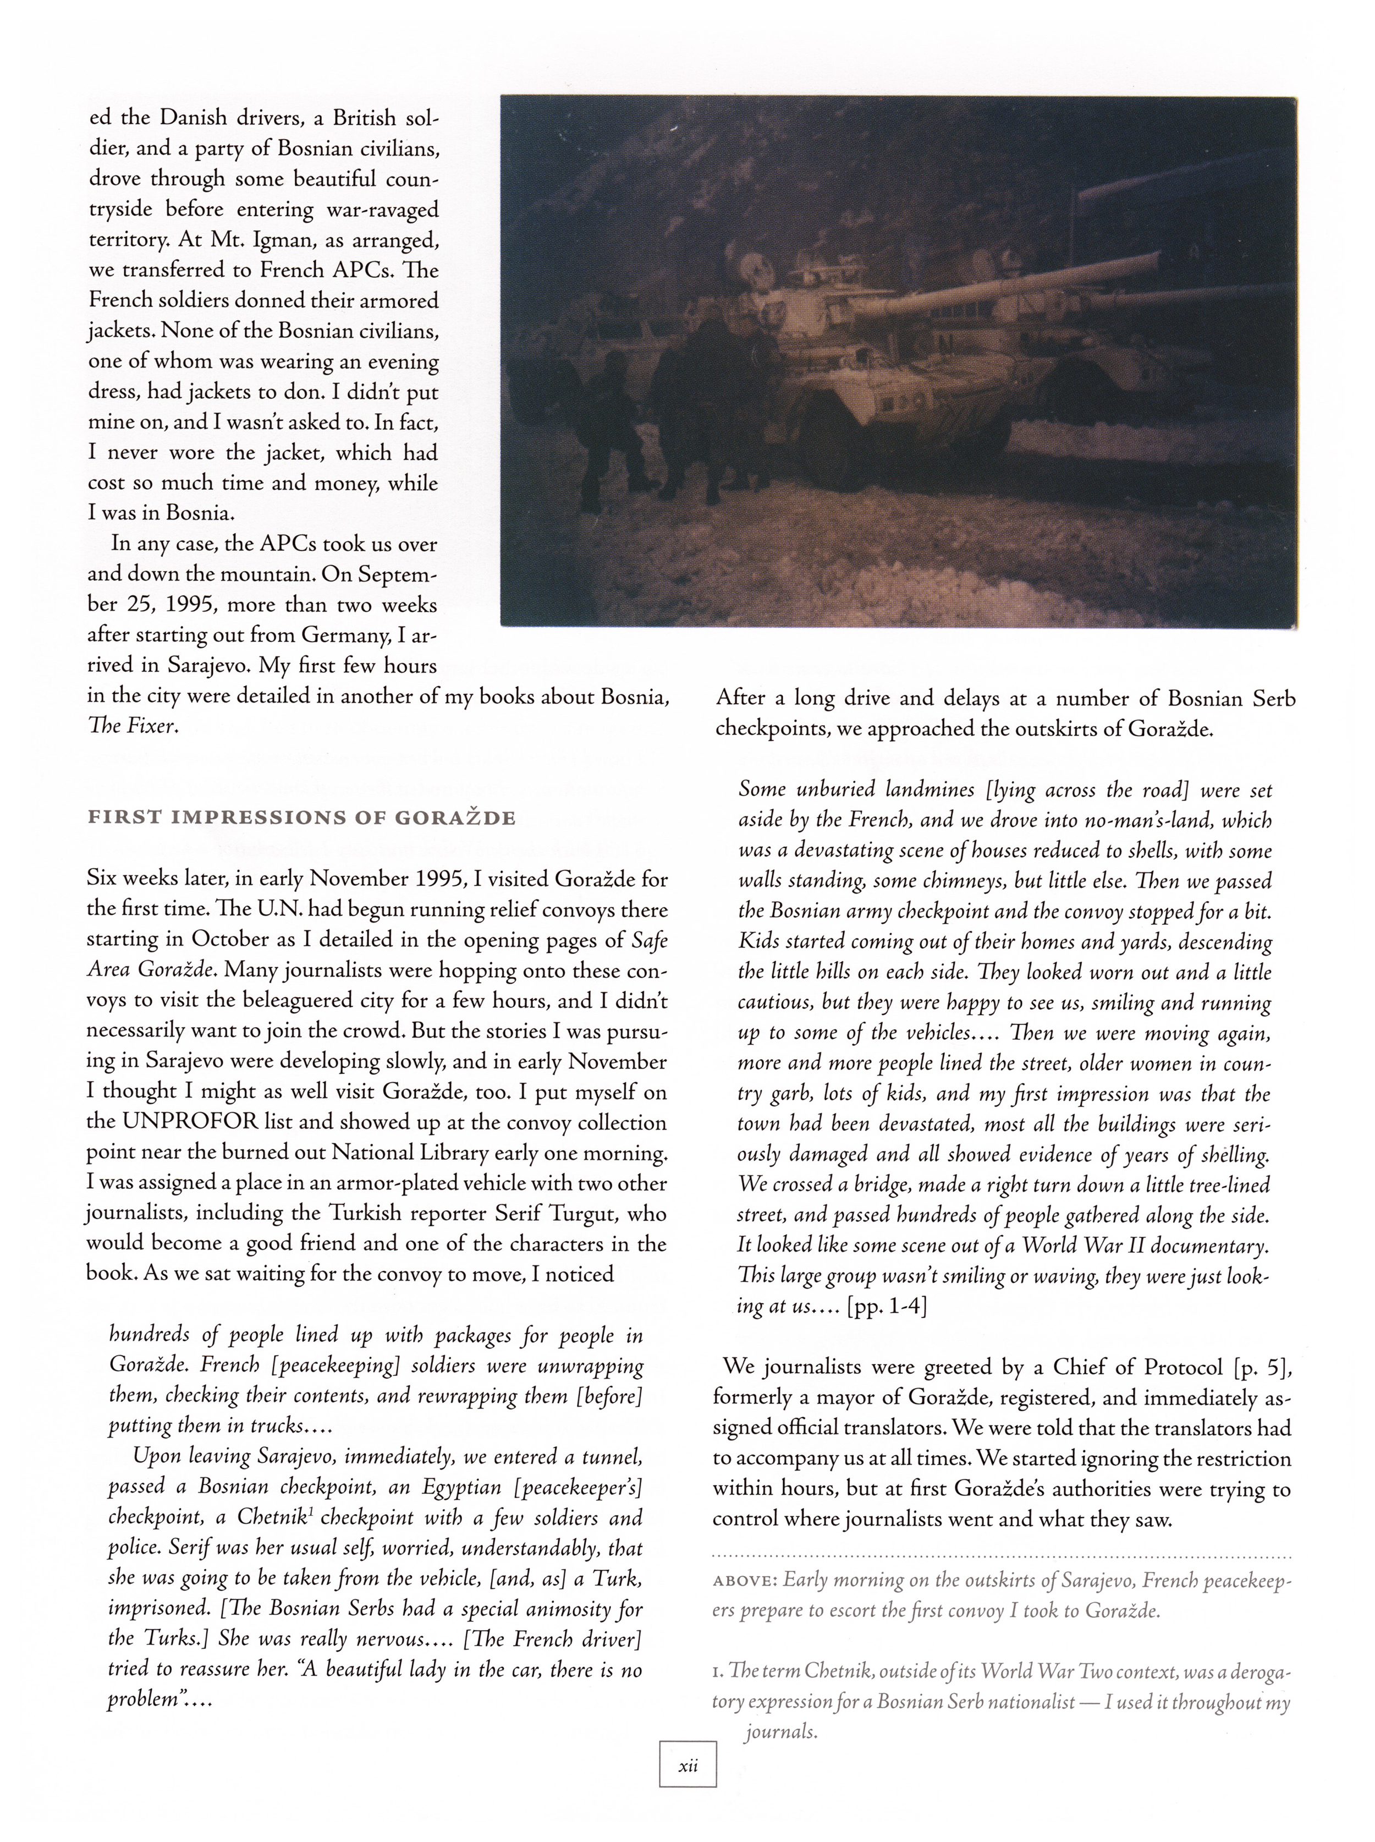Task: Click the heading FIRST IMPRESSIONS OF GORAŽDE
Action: click(302, 818)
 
